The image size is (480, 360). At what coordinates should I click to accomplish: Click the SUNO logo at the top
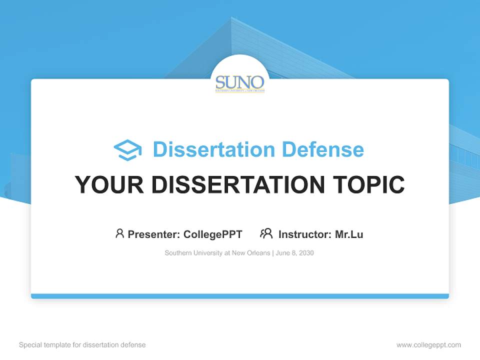point(240,83)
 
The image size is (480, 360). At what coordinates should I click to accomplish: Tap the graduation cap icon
point(127,150)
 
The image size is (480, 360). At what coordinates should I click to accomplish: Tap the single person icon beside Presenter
point(119,233)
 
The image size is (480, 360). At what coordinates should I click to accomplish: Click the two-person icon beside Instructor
point(266,233)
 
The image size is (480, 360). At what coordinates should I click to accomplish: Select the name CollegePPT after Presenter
point(213,234)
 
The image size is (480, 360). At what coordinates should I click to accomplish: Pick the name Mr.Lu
point(349,234)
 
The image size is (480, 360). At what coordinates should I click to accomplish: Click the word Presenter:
point(154,234)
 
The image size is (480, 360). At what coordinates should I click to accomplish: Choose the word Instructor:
point(305,234)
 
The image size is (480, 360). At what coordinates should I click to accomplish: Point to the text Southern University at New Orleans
point(217,253)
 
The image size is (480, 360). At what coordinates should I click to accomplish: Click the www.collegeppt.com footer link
point(428,345)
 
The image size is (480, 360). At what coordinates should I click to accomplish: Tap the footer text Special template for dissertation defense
point(82,345)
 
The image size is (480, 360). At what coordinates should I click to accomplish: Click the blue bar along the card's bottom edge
point(240,296)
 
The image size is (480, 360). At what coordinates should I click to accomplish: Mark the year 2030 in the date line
point(306,253)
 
